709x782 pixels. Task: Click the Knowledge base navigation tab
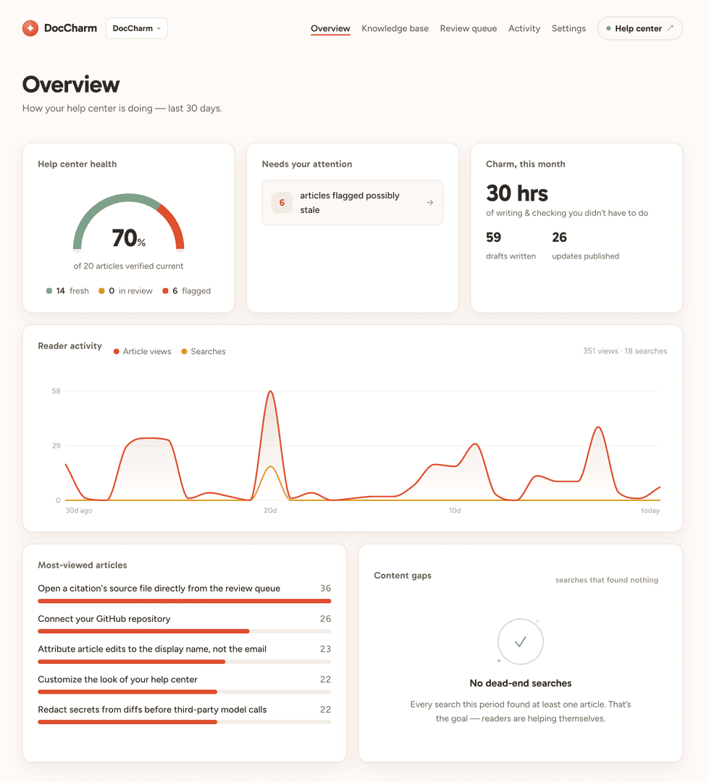click(x=395, y=28)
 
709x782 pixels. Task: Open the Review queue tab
click(x=468, y=28)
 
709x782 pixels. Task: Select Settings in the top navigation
click(x=569, y=28)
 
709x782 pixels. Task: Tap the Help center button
click(x=639, y=28)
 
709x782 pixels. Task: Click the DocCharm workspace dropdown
click(x=137, y=28)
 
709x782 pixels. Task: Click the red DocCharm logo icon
click(x=30, y=28)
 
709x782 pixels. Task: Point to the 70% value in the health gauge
click(x=128, y=238)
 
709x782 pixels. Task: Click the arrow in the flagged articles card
click(x=429, y=203)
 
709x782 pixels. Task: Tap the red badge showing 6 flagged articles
click(x=282, y=203)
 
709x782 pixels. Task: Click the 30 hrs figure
click(x=517, y=193)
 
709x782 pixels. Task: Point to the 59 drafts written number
click(x=493, y=237)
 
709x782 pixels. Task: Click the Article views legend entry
click(x=142, y=352)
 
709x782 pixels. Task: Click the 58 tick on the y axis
click(x=56, y=391)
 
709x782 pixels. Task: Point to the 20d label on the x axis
click(x=270, y=510)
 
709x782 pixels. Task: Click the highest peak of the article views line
click(x=270, y=391)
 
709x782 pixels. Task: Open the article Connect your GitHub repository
click(x=104, y=619)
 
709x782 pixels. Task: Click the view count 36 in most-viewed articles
click(x=325, y=589)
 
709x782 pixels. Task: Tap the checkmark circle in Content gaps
click(x=521, y=642)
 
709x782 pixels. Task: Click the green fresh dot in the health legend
click(x=49, y=291)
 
